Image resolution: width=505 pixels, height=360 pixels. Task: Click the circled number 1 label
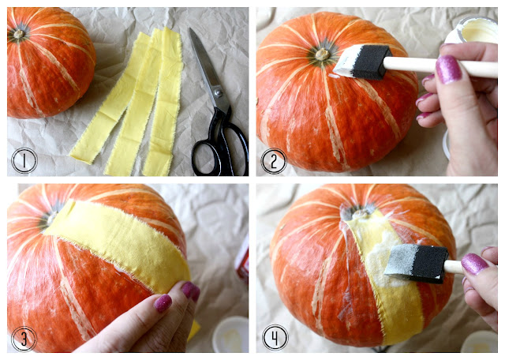(24, 160)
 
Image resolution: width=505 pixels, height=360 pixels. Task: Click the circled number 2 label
(274, 161)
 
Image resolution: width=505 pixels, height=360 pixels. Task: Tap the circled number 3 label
(24, 339)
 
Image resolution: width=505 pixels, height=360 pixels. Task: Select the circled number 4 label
(275, 338)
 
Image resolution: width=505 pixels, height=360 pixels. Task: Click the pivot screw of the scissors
(219, 93)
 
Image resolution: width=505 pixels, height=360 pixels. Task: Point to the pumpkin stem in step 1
(19, 34)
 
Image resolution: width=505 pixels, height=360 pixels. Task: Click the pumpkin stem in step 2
(322, 54)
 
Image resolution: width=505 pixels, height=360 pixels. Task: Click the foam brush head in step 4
(416, 264)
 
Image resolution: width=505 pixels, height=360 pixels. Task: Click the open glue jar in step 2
(473, 31)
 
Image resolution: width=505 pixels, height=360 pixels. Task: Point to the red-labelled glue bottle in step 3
(242, 258)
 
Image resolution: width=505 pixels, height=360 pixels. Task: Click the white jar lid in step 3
(230, 335)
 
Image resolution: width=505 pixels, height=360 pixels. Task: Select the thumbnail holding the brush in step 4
(474, 264)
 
